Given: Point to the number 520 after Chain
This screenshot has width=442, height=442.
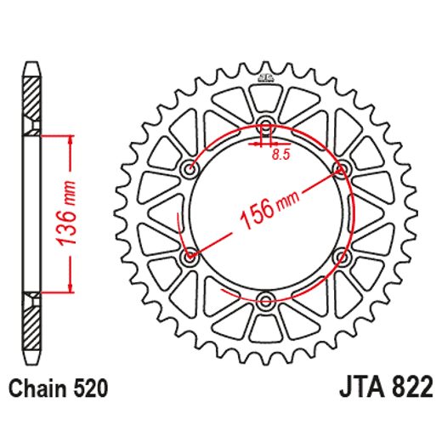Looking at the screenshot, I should [89, 390].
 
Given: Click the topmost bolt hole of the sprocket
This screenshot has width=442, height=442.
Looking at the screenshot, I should [265, 126].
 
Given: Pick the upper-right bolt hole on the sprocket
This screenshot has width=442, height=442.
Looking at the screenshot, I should [341, 169].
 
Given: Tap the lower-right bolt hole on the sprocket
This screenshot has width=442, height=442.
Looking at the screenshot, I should [341, 256].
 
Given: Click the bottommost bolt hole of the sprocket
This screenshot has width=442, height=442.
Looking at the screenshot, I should [265, 299].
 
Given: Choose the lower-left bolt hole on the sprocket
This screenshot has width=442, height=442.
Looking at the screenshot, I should [190, 256].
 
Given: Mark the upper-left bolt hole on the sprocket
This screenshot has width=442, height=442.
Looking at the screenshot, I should [190, 169].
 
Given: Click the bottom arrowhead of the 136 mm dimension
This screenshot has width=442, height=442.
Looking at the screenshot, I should [66, 286].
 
